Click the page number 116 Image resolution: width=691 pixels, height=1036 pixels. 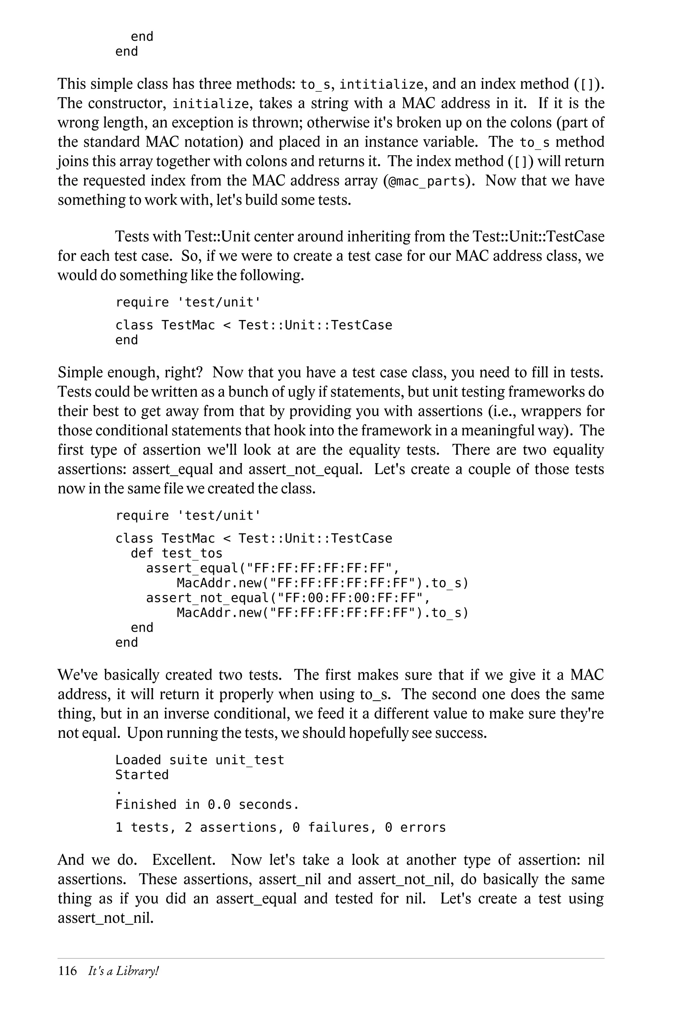tap(67, 971)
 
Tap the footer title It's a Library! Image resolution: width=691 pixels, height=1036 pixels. tap(123, 971)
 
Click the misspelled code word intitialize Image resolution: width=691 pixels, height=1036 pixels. tap(381, 84)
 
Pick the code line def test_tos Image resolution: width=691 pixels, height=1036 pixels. tap(176, 553)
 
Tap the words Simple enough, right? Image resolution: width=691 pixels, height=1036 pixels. tap(130, 373)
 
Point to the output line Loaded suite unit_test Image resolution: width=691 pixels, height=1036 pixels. tap(200, 760)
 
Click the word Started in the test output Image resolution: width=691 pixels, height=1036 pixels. tap(142, 775)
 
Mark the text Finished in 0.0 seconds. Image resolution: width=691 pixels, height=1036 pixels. tap(207, 805)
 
